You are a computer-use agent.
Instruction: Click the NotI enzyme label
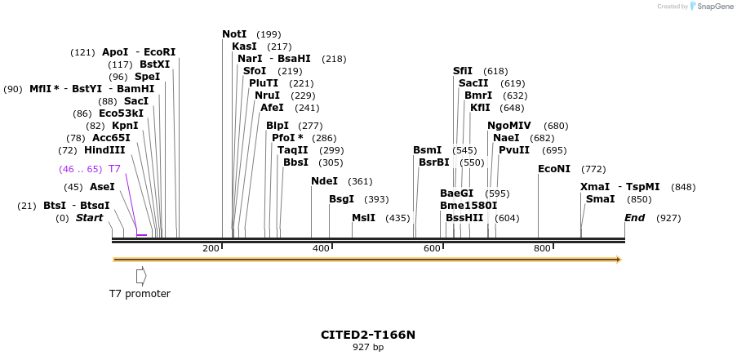point(234,34)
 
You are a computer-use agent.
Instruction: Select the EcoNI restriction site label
point(554,169)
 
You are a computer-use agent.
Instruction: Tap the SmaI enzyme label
point(600,199)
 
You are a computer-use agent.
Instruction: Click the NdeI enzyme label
point(324,181)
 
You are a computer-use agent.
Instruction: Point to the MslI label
point(363,218)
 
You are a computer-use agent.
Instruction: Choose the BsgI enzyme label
point(341,199)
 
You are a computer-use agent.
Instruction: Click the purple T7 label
point(114,169)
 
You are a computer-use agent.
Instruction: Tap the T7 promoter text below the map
point(140,294)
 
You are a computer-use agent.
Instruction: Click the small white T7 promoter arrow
point(141,276)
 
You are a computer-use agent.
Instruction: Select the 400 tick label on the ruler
point(321,248)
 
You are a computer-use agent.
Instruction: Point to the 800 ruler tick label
point(542,248)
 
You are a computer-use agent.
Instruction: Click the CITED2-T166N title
point(368,335)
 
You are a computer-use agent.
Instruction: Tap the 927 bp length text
point(368,347)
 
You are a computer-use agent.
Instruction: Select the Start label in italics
point(90,218)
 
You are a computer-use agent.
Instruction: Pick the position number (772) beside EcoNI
point(593,169)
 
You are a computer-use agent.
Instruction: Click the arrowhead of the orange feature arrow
point(619,260)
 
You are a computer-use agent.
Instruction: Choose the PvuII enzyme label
point(515,150)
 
